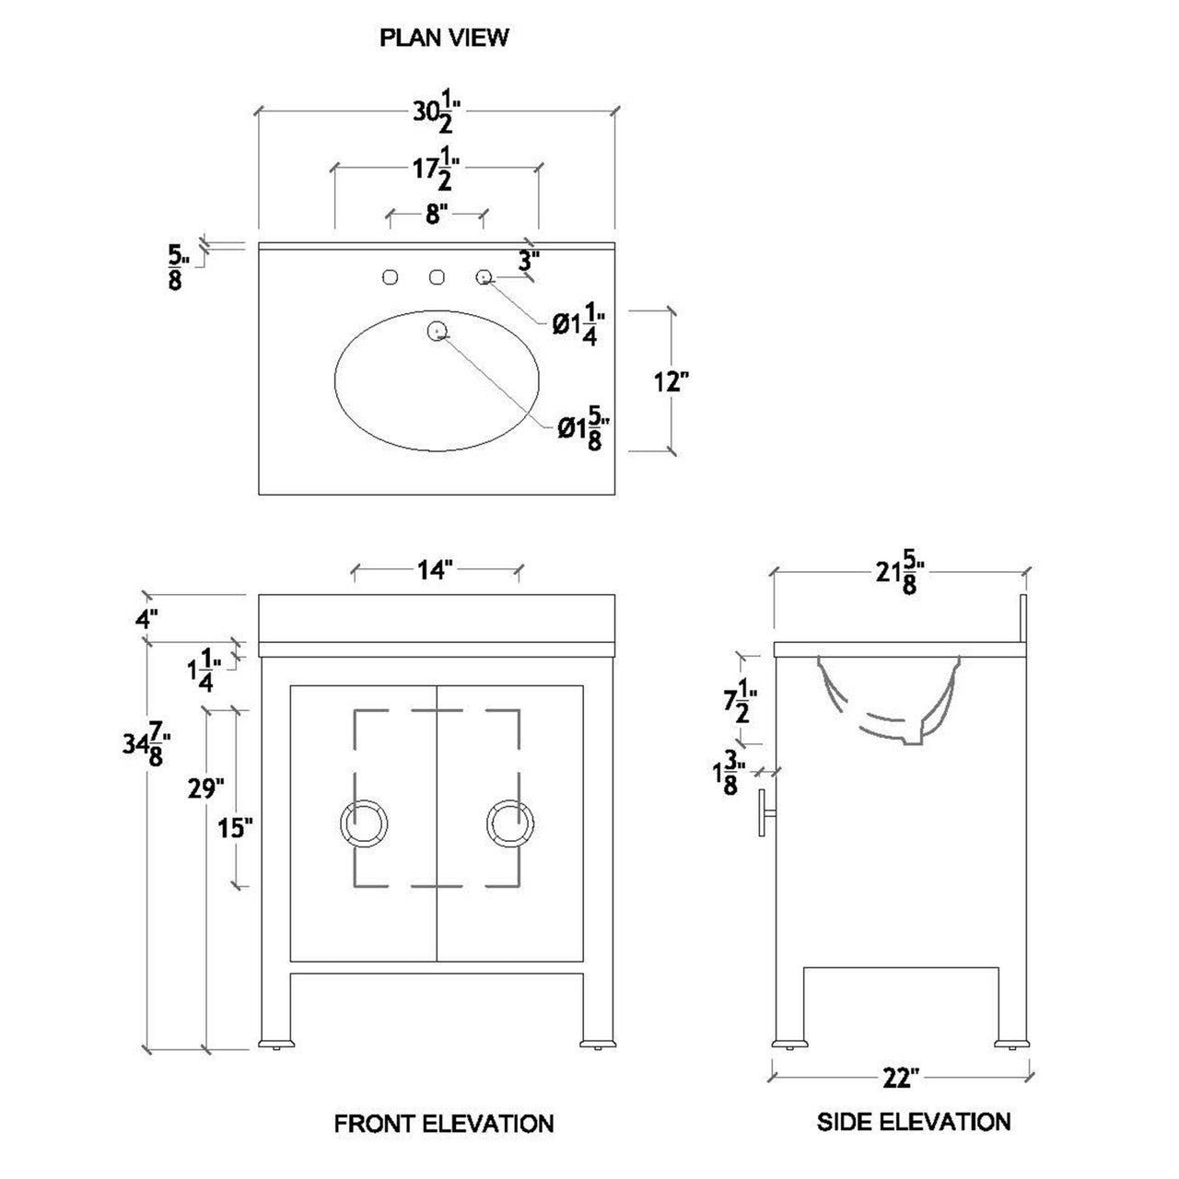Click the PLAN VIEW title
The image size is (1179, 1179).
(x=444, y=38)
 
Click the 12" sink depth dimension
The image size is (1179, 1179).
(x=671, y=381)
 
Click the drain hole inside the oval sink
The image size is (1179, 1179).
(x=437, y=331)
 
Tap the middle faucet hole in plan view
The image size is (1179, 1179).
(x=437, y=278)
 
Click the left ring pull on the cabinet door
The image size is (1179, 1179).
(x=364, y=823)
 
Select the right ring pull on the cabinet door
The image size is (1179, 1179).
(x=510, y=823)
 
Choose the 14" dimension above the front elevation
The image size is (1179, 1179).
(x=435, y=570)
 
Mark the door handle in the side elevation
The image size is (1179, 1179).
(x=768, y=812)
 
